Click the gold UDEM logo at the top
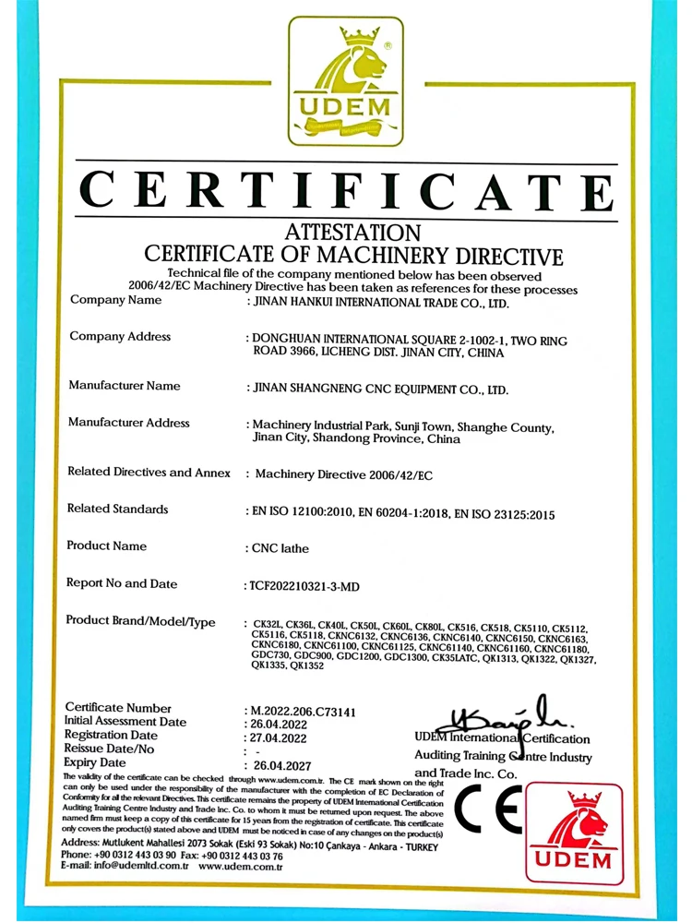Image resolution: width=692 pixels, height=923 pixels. click(346, 81)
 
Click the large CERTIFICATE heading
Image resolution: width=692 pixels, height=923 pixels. click(346, 192)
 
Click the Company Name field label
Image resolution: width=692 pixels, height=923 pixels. click(115, 301)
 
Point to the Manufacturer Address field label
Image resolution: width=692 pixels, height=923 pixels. click(129, 423)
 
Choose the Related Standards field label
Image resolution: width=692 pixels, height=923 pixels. click(117, 509)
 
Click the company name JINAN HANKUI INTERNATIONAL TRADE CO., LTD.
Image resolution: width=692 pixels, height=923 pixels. click(379, 302)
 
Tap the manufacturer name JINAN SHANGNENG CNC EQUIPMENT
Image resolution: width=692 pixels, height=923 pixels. click(380, 390)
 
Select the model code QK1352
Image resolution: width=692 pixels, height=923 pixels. click(307, 666)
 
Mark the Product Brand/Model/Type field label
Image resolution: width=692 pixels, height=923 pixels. click(141, 621)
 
